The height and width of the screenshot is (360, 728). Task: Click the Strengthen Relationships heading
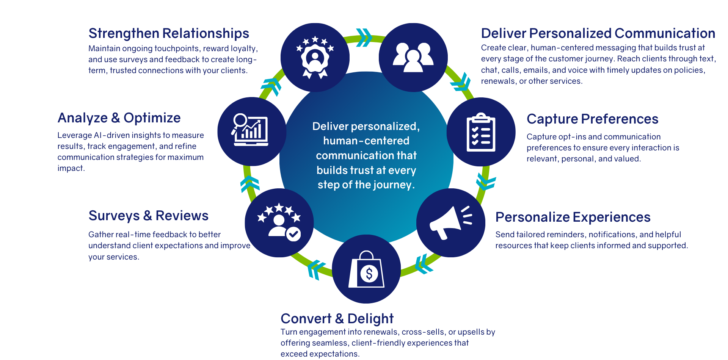tap(169, 33)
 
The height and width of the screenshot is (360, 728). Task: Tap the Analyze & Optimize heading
tap(119, 118)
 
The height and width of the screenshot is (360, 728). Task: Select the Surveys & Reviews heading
tap(148, 216)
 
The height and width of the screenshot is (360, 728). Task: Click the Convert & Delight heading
tap(337, 319)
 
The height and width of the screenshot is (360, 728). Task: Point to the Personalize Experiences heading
tap(573, 217)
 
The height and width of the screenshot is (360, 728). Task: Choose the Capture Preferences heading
tap(592, 119)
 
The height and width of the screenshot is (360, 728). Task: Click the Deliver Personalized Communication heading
tap(598, 33)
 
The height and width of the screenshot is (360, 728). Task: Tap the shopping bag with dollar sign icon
tap(366, 269)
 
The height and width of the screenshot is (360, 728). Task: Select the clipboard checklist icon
tap(481, 132)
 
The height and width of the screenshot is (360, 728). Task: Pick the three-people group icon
tap(413, 57)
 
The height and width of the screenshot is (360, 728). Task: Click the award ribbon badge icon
tap(315, 57)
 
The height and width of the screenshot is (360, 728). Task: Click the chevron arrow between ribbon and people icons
tap(364, 38)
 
